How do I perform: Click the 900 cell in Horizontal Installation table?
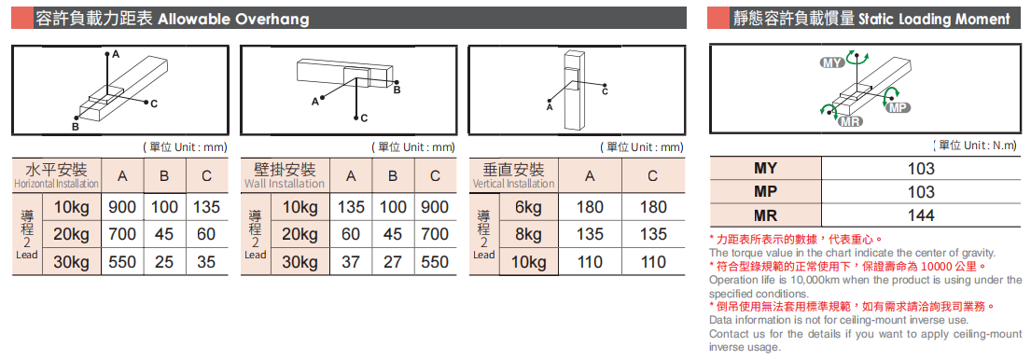(122, 208)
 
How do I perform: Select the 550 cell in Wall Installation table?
(435, 262)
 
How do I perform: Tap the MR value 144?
(921, 215)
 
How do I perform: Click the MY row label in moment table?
(765, 168)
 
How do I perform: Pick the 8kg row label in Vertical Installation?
(529, 234)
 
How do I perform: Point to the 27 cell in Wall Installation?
(393, 262)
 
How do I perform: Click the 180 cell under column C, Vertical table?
(652, 208)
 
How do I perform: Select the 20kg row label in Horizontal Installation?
(71, 234)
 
